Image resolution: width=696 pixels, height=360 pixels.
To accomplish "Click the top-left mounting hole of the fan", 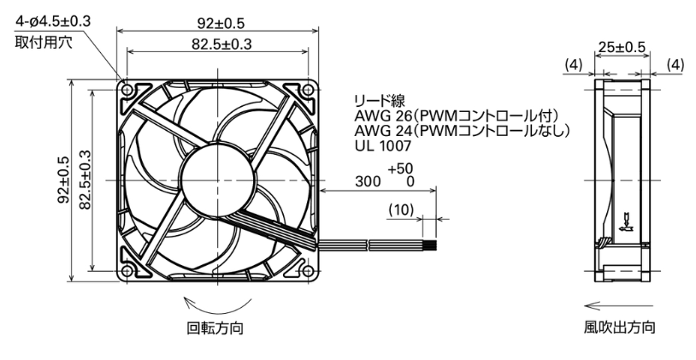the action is (x=127, y=90).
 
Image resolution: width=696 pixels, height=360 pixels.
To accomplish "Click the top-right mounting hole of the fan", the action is (x=308, y=90).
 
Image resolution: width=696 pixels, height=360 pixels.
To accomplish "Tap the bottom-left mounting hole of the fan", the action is (x=127, y=270).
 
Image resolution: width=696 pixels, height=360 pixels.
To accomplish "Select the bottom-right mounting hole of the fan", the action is (x=308, y=270).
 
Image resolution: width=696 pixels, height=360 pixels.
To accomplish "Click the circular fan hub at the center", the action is (x=217, y=180).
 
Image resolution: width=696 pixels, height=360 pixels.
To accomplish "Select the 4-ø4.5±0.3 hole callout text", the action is (x=53, y=21).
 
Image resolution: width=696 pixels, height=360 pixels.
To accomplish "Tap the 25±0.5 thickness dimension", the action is (x=622, y=47).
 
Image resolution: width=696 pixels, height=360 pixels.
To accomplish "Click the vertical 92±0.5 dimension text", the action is (x=63, y=180).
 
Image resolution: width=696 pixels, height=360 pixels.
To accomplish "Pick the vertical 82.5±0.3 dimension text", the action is (x=85, y=180).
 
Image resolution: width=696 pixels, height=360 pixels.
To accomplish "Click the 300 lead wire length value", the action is (x=368, y=181).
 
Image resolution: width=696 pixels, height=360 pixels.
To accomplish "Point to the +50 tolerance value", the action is (x=400, y=168).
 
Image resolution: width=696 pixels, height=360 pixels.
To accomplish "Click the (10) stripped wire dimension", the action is (x=401, y=210).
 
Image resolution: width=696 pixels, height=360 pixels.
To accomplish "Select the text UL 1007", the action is (x=382, y=145).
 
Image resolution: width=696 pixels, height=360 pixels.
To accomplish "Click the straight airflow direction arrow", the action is (x=619, y=305).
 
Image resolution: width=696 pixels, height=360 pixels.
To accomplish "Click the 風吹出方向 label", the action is (x=619, y=328).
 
